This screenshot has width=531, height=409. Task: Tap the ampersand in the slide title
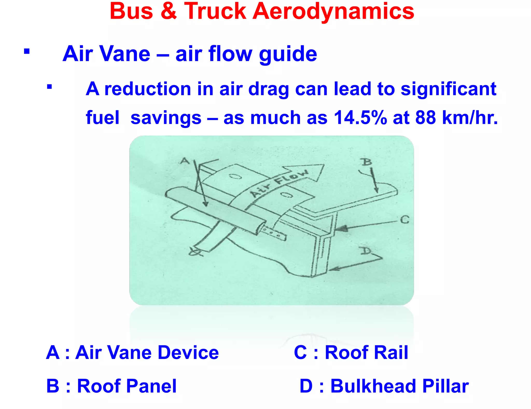[169, 11]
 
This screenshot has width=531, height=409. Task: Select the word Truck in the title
[215, 11]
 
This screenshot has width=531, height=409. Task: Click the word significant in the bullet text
[448, 89]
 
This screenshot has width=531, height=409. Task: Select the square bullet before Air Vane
[27, 51]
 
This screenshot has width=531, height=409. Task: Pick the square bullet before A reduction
[50, 86]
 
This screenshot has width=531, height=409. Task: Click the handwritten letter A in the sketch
[185, 161]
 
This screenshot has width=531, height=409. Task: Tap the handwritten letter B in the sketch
[367, 162]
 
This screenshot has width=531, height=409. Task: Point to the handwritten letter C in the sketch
[404, 220]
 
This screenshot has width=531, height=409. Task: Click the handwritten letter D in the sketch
[366, 251]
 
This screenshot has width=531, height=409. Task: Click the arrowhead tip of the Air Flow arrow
[324, 165]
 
